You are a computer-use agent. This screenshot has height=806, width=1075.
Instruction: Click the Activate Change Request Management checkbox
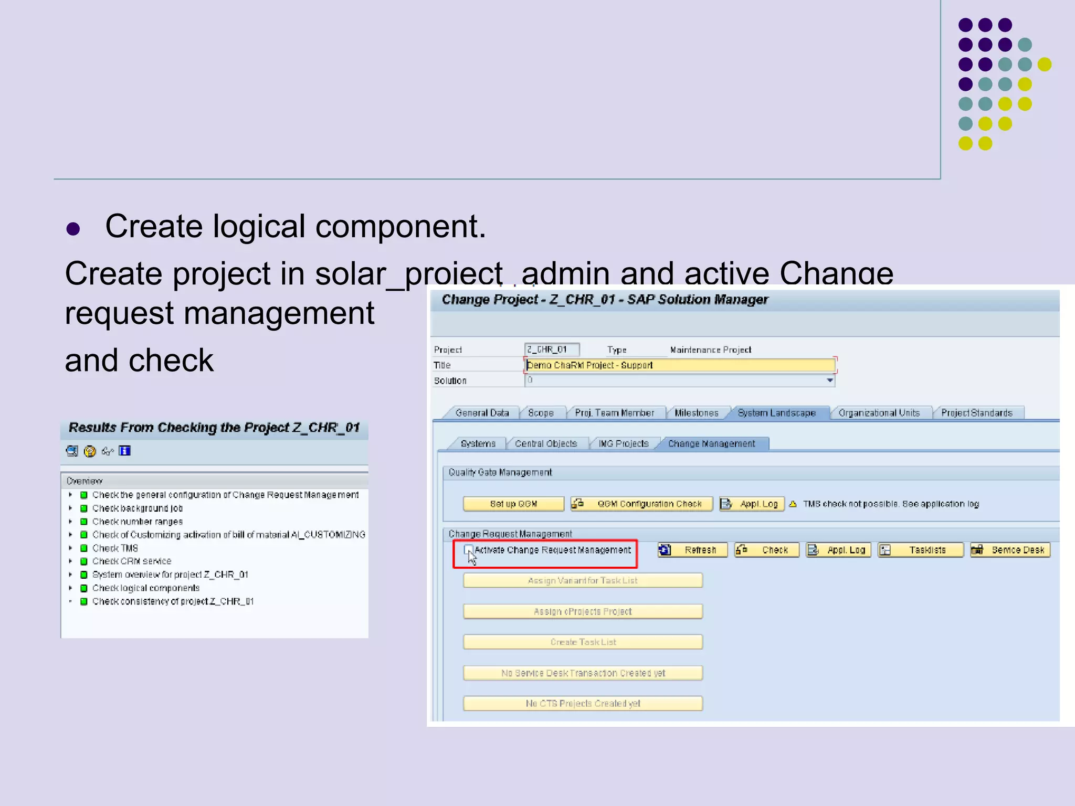click(x=468, y=549)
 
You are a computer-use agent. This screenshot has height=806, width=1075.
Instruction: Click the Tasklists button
click(x=921, y=550)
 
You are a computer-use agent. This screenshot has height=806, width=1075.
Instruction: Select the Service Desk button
click(x=1010, y=550)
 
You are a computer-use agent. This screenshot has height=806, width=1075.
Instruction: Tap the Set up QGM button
click(x=513, y=504)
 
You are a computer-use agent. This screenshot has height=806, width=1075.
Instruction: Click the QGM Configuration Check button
click(x=642, y=504)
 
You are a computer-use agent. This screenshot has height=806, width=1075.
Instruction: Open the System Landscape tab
click(x=776, y=413)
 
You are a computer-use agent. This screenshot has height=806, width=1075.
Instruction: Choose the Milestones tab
click(x=696, y=413)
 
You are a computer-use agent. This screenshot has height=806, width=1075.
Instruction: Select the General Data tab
click(x=482, y=413)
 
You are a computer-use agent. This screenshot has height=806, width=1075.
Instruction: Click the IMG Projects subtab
click(x=624, y=443)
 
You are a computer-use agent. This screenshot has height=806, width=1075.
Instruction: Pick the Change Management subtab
click(x=711, y=443)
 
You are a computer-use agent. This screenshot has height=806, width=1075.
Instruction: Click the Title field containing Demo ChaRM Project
click(x=680, y=365)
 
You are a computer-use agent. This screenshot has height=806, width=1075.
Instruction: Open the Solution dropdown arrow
click(x=830, y=380)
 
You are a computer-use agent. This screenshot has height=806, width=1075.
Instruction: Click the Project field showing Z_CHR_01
click(x=552, y=349)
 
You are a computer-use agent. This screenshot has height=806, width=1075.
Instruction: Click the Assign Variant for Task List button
click(x=583, y=580)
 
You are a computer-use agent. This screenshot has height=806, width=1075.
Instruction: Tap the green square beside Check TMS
click(x=84, y=548)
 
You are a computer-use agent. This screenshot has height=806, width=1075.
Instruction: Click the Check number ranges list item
click(x=138, y=522)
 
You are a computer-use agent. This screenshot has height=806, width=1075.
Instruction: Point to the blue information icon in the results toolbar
click(x=124, y=451)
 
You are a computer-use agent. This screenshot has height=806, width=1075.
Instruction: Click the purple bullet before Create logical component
click(x=73, y=229)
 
